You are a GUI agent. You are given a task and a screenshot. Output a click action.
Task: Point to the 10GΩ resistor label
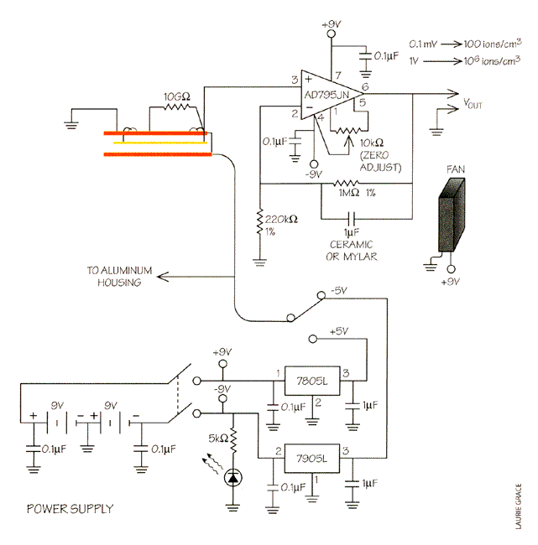point(177,96)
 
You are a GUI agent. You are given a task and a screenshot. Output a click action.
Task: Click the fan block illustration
point(452,215)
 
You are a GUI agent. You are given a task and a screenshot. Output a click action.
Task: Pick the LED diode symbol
point(232,478)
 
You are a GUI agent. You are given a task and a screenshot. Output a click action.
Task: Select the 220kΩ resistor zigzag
point(259,221)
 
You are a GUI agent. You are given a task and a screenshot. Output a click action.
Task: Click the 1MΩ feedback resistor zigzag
point(346,183)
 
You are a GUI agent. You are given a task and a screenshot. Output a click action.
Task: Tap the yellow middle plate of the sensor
point(160,143)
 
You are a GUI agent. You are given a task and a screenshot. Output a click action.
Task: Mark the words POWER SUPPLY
point(71,509)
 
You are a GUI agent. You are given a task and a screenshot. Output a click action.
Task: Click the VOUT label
point(473,104)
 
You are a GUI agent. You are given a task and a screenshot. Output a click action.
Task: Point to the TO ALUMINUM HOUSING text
point(119,277)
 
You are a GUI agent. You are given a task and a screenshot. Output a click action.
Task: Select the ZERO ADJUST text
point(380,161)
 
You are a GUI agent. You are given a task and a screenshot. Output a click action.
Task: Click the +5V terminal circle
point(313,339)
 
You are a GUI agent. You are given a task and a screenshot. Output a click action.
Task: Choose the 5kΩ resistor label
point(218,439)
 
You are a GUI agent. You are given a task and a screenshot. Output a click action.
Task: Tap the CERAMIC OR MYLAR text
point(352,250)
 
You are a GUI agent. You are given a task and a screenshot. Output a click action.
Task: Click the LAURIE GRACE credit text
point(519,506)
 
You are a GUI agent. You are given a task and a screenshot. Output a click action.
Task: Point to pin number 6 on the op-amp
point(365,86)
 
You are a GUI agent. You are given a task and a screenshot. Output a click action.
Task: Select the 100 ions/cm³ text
point(493,43)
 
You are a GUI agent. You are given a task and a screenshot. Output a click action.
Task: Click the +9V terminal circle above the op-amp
point(332,34)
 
